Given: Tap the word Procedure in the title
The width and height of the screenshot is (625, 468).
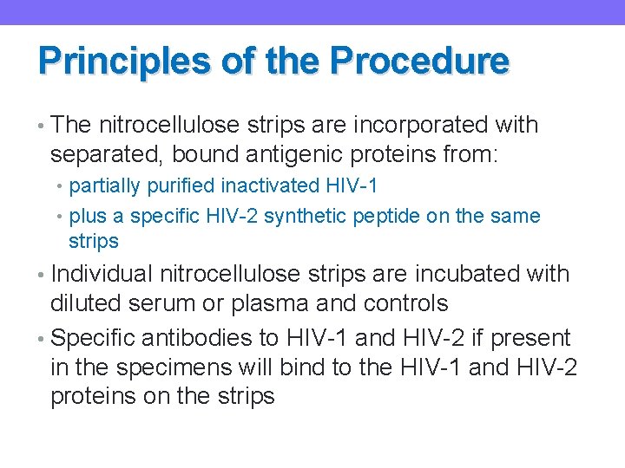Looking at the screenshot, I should tap(420, 62).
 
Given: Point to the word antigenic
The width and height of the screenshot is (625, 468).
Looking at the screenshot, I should tap(276, 155).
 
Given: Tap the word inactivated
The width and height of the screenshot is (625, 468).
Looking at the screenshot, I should tap(283, 186).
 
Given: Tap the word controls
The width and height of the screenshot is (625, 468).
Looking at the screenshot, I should tap(405, 303).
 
